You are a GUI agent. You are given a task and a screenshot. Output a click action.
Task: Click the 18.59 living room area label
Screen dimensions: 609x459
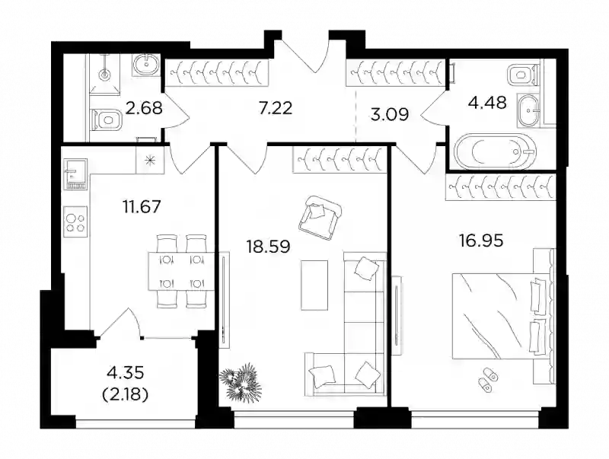269,246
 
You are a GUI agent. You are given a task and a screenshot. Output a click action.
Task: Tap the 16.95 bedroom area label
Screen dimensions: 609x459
481,241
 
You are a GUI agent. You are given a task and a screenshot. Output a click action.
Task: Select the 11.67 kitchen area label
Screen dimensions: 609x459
142,206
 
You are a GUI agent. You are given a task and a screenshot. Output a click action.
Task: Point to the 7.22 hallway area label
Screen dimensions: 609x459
276,107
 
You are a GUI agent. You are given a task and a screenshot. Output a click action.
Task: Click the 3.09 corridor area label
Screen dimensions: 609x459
389,115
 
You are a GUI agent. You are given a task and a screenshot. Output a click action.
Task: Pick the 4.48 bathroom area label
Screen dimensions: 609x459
488,103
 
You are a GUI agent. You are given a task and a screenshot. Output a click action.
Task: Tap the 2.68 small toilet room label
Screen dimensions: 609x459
144,108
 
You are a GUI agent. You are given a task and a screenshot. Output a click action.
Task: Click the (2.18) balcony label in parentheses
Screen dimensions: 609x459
125,395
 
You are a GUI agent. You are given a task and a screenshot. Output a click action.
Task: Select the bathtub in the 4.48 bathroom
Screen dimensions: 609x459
496,151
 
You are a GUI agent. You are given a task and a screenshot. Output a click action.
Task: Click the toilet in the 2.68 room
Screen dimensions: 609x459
107,120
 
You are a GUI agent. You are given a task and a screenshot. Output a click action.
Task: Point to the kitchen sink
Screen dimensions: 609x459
75,174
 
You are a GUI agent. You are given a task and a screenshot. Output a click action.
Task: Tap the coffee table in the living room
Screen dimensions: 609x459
314,285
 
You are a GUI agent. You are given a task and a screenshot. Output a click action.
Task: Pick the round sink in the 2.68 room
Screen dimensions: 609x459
146,65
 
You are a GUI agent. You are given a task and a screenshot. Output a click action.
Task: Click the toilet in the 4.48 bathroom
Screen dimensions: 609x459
524,75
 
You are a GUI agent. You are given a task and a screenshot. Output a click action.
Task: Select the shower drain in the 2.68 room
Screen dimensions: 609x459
105,74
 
